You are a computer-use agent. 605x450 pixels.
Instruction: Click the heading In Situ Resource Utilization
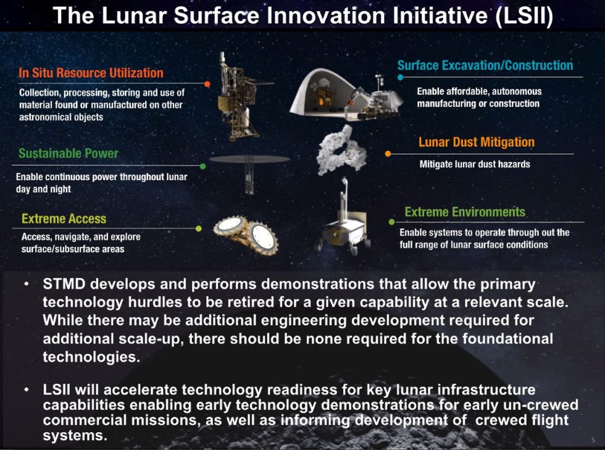91,73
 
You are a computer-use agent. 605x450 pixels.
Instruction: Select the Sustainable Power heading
69,153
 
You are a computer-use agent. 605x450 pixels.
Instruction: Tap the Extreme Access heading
64,219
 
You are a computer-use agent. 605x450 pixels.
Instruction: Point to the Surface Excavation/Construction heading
485,65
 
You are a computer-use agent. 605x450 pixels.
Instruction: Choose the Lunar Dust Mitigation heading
477,142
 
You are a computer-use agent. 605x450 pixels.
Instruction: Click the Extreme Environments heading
464,212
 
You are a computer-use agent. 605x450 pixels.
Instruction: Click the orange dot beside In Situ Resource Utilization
207,84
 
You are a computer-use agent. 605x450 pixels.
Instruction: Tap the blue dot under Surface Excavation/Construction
400,77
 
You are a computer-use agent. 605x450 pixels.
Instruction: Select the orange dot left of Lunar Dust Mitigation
388,154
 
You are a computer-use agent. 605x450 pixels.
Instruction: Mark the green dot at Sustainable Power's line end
203,166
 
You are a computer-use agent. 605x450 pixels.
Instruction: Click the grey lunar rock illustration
340,151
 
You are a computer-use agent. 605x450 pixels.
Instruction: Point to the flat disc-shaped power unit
249,159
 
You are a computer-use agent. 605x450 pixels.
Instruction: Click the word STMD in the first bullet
64,284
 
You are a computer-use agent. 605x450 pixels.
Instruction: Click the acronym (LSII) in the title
524,15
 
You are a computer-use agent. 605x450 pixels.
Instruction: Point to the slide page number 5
593,440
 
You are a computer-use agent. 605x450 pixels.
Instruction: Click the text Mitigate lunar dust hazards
475,164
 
